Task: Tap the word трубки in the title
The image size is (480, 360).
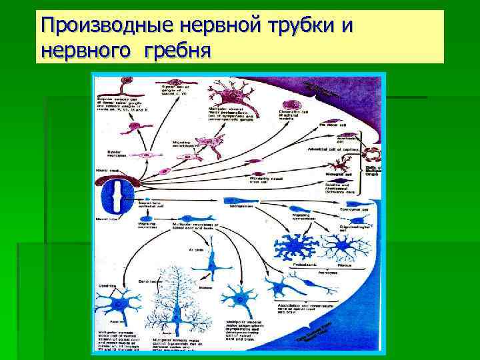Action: [303, 27]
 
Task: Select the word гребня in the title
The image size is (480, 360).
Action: [179, 50]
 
